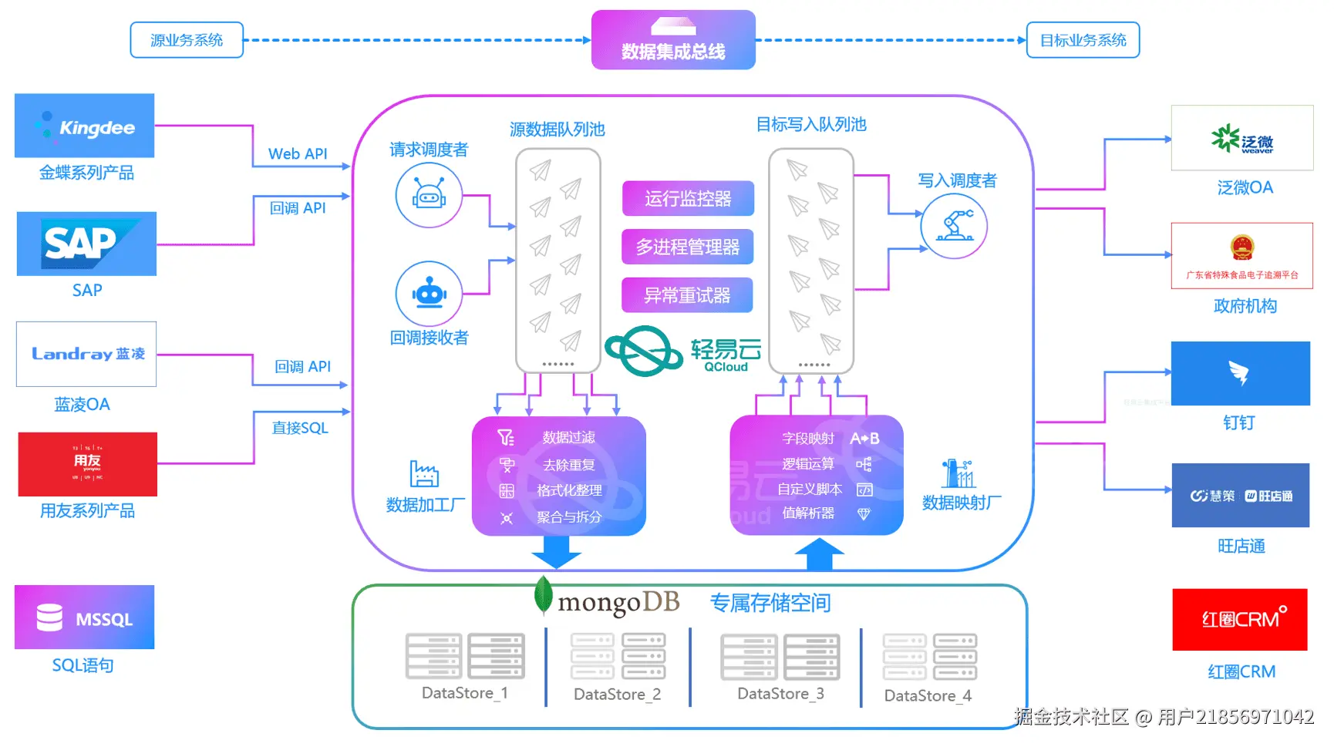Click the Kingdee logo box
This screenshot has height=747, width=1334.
click(x=84, y=126)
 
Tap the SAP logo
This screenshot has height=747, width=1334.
click(x=86, y=244)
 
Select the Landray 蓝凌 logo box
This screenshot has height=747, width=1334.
click(x=86, y=354)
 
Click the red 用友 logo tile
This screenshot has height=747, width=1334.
click(x=87, y=464)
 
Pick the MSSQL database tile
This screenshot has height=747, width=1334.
click(x=84, y=617)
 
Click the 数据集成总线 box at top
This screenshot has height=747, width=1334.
click(x=673, y=40)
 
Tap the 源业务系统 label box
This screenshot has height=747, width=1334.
click(x=187, y=40)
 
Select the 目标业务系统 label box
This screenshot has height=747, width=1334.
click(x=1083, y=40)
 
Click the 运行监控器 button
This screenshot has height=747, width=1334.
click(x=687, y=199)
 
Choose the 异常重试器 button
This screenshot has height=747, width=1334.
click(x=687, y=295)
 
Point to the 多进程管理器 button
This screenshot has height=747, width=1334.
click(x=687, y=247)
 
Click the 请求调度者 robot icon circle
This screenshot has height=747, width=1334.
click(x=429, y=195)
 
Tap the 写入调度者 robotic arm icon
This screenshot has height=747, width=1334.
click(x=954, y=226)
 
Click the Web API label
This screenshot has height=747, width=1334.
click(x=298, y=153)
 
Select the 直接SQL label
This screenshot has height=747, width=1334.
click(x=300, y=428)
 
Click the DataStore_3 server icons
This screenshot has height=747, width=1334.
click(x=780, y=657)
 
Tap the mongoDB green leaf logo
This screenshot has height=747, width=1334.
click(x=544, y=595)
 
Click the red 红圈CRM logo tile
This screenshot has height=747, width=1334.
click(x=1239, y=620)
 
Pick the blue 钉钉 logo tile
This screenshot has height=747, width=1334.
click(x=1240, y=374)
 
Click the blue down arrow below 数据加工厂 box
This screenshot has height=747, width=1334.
click(x=556, y=551)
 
